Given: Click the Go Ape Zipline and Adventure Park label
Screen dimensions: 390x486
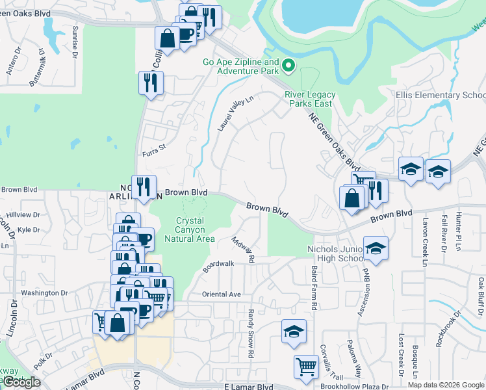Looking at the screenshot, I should click(240, 67).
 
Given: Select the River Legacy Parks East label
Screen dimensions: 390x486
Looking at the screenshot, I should click(309, 99).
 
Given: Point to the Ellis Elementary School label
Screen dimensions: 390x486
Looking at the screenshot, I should click(441, 95).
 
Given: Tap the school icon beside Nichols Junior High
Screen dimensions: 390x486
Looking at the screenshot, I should click(376, 248).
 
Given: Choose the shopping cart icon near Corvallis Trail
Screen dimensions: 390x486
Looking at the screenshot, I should click(305, 366).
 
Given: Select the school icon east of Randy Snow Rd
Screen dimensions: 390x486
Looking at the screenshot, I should click(294, 331).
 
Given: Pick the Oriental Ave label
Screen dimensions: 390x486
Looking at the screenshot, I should click(222, 294).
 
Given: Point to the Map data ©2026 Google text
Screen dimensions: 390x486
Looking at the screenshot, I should click(445, 385).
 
